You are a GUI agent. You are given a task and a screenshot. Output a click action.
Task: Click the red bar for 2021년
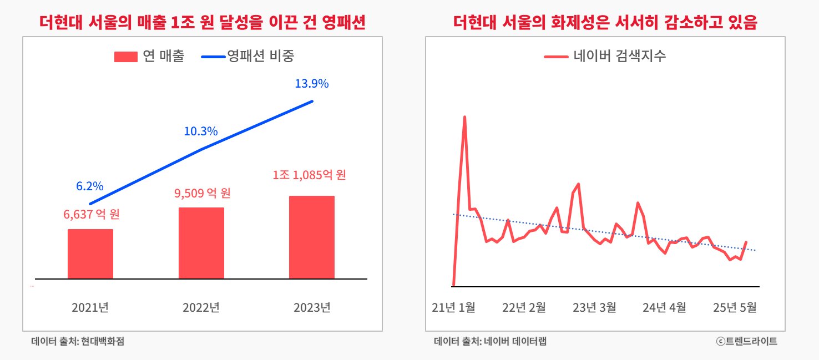(x=90, y=253)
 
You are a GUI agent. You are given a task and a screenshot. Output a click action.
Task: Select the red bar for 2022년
(x=201, y=243)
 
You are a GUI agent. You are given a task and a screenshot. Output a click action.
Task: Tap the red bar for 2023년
(x=312, y=237)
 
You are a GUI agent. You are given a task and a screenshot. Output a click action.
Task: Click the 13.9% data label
(x=312, y=84)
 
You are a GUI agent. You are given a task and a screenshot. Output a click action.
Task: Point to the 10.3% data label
(x=201, y=131)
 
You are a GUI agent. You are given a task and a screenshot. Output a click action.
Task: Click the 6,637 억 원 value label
(x=92, y=214)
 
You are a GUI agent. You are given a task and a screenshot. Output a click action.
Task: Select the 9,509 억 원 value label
(x=202, y=194)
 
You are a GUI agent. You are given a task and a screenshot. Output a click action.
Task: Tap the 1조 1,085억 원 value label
(x=310, y=175)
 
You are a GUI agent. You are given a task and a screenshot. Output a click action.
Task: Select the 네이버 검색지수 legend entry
(x=605, y=56)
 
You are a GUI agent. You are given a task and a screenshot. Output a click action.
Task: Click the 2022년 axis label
(x=201, y=307)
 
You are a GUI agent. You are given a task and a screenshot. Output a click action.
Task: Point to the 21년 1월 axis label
(x=453, y=307)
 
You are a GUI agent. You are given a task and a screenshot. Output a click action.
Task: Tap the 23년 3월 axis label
(x=594, y=307)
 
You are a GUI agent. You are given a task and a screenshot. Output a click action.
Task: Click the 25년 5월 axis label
(x=735, y=307)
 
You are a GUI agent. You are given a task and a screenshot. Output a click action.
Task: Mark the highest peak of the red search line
(x=464, y=117)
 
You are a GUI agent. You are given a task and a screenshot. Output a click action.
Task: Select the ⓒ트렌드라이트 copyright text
(x=746, y=341)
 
